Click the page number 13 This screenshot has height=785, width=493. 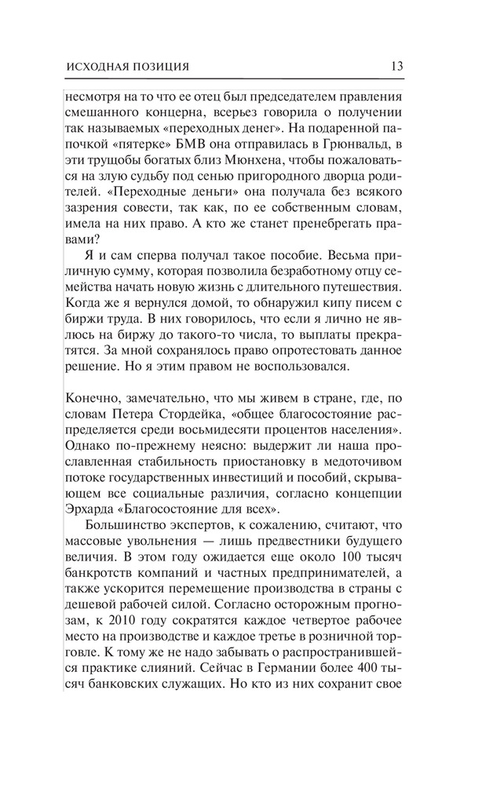click(x=396, y=66)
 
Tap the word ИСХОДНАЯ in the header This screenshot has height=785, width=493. click(x=93, y=67)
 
